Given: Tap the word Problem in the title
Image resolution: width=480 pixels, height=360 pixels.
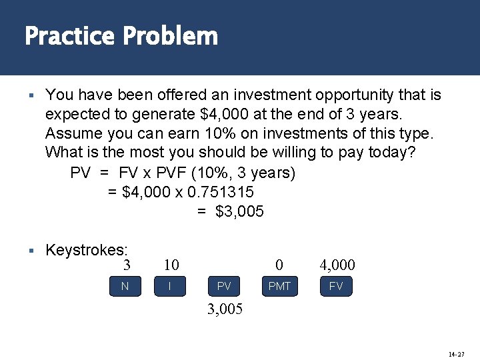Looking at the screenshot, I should pyautogui.click(x=170, y=36).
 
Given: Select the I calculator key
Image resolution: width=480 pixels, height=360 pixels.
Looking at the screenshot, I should pyautogui.click(x=171, y=287).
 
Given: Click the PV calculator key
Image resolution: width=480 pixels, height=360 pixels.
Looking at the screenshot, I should pyautogui.click(x=224, y=287).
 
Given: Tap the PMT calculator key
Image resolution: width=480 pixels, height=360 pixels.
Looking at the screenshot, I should pyautogui.click(x=279, y=287).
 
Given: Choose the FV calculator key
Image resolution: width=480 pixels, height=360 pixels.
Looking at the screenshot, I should pyautogui.click(x=336, y=287).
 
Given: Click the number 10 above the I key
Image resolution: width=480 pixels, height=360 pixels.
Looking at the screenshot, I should pyautogui.click(x=171, y=265).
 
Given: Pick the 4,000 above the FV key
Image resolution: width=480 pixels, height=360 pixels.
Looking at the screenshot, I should pyautogui.click(x=337, y=265).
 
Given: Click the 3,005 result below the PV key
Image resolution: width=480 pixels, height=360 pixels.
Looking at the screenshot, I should pyautogui.click(x=225, y=310).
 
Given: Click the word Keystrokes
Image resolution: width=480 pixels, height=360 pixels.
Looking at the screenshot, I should pyautogui.click(x=86, y=250).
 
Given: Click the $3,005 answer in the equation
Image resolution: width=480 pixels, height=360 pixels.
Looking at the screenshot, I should pyautogui.click(x=239, y=211).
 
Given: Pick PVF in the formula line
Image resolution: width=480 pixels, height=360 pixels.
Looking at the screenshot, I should pyautogui.click(x=171, y=173).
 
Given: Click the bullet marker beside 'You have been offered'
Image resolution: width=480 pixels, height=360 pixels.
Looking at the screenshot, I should pyautogui.click(x=31, y=96).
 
